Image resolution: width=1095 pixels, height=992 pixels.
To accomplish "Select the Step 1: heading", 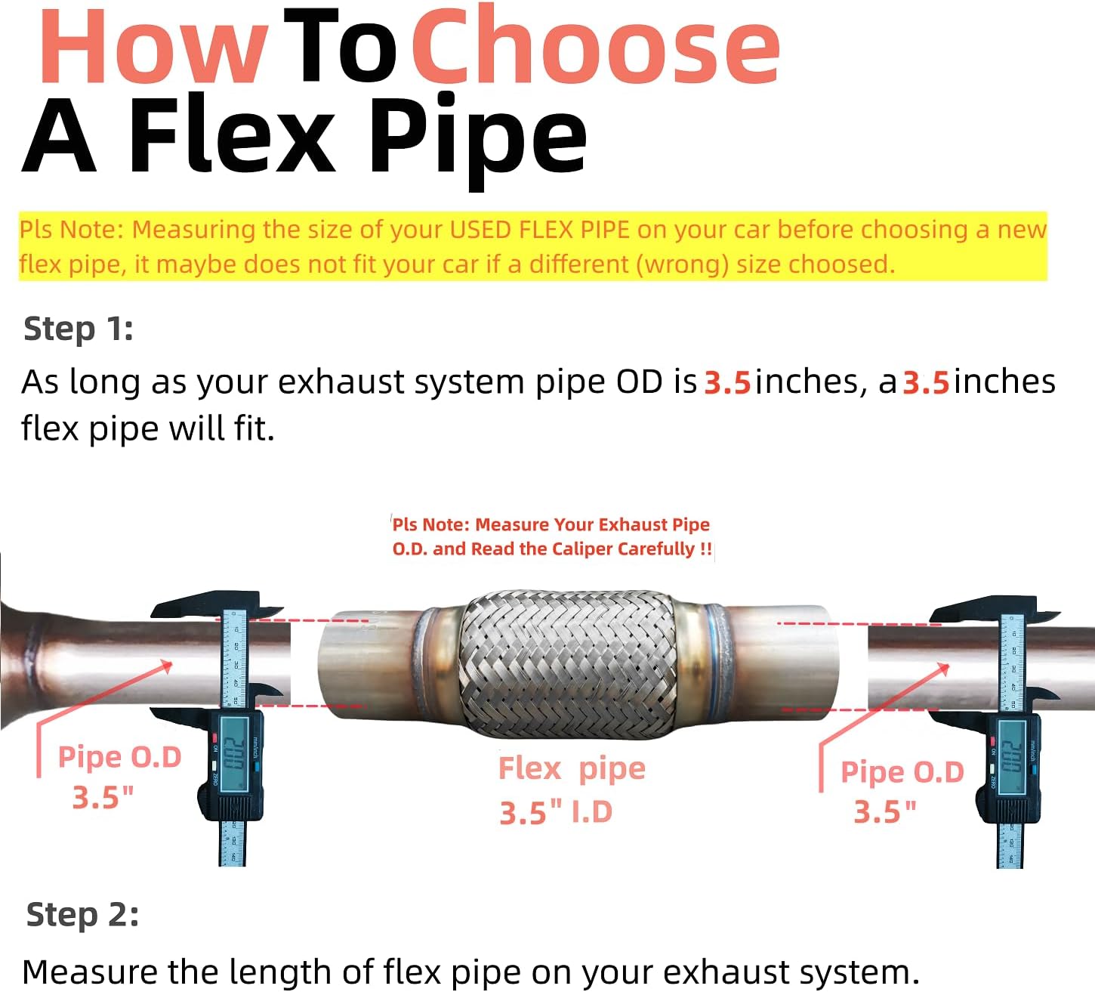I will coord(79,329).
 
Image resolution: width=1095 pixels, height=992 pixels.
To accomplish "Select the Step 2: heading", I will coord(82,915).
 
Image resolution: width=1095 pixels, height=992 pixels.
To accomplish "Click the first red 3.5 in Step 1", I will coord(726,383).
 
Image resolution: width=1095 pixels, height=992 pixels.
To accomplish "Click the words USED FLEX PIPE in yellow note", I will coord(539,230).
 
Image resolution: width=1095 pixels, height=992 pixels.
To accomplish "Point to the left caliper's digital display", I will coord(234,752).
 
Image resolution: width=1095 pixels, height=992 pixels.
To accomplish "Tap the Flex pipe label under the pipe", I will coord(572,769).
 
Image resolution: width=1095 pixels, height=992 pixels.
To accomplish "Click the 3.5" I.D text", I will coord(555,813).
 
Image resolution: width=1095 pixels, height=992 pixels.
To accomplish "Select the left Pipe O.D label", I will coord(119,757).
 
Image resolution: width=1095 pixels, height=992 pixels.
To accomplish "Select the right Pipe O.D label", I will coord(902,772).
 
